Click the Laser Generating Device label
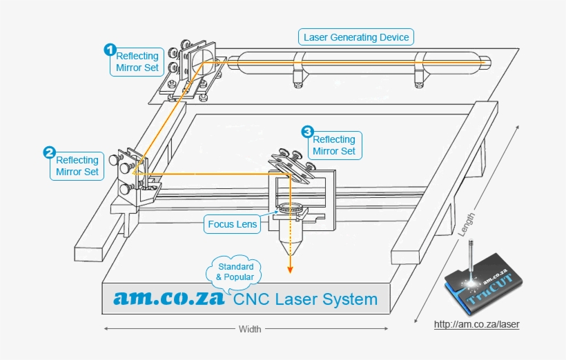click(x=357, y=37)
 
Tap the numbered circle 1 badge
click(x=110, y=49)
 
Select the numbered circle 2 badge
click(x=50, y=152)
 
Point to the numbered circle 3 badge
click(x=307, y=130)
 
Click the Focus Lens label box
click(x=233, y=224)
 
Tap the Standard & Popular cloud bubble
click(x=235, y=272)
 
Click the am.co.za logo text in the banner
click(x=170, y=298)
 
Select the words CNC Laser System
click(x=305, y=299)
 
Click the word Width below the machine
click(x=250, y=330)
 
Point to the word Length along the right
click(x=467, y=224)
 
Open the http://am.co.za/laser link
click(x=476, y=323)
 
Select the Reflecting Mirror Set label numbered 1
click(x=137, y=62)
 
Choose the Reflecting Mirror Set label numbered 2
click(x=77, y=166)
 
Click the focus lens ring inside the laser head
click(x=290, y=208)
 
